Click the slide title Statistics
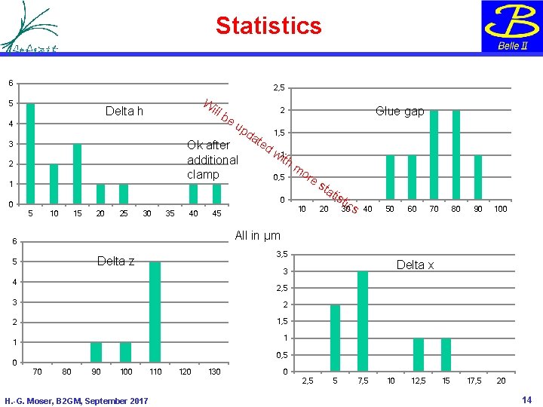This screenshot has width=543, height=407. tap(268, 26)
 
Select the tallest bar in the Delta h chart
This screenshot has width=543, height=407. tap(30, 154)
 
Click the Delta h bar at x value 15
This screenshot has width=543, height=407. tap(77, 173)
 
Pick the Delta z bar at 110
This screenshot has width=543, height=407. tap(155, 312)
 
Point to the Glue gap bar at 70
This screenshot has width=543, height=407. tap(434, 155)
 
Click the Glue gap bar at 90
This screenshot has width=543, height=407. tap(478, 177)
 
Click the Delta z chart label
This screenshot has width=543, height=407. tap(116, 261)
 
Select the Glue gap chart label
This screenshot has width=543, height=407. tap(400, 111)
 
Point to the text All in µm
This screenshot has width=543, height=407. tap(258, 236)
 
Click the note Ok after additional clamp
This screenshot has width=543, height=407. tap(213, 160)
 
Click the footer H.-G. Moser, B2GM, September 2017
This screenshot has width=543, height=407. tap(76, 399)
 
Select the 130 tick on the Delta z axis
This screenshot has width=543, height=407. tap(214, 372)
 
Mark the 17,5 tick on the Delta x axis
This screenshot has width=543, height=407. tap(474, 381)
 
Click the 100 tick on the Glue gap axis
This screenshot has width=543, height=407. tap(501, 208)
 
